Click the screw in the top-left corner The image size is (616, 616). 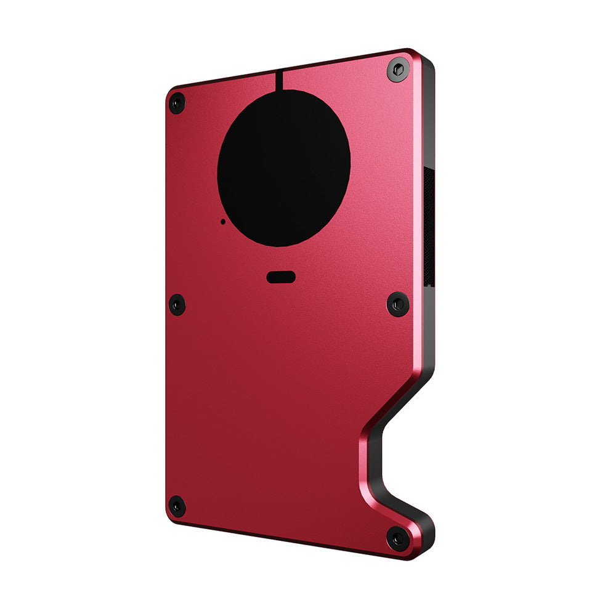click(x=177, y=102)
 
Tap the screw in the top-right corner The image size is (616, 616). click(x=399, y=69)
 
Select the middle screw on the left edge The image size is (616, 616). click(x=177, y=304)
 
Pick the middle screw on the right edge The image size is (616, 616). click(x=398, y=304)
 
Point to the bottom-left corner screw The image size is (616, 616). click(x=177, y=506)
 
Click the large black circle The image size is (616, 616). click(x=284, y=168)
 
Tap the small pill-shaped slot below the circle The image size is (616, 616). click(x=281, y=277)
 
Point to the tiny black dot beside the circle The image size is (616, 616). click(x=222, y=221)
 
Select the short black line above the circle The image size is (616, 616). click(x=279, y=80)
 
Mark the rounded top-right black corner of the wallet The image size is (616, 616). click(x=427, y=62)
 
